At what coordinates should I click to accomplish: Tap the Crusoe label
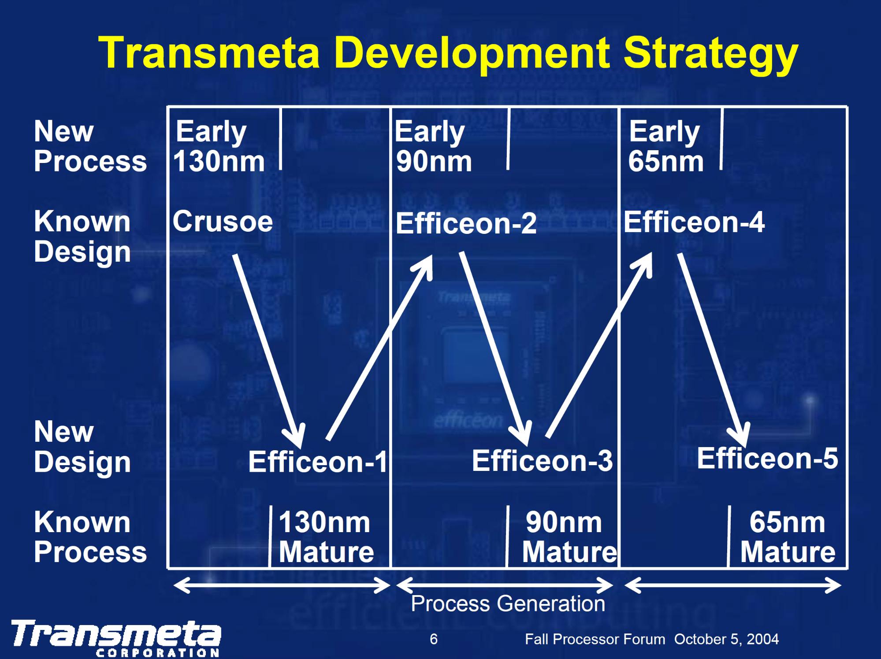coord(223,221)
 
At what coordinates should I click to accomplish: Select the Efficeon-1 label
coord(317,462)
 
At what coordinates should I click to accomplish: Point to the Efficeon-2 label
coord(466,223)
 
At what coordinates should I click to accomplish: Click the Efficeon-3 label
coord(542,461)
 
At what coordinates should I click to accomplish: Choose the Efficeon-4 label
coord(694,222)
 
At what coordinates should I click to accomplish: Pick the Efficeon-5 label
coord(767,458)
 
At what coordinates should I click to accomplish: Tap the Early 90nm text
coord(433,146)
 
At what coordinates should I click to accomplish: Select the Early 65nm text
coord(665,146)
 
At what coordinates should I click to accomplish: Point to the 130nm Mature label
coord(326,537)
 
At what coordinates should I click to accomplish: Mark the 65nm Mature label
coord(788,537)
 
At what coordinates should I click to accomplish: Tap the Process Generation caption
coord(508,603)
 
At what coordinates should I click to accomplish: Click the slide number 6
coord(434,639)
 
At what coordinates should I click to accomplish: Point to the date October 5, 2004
coord(726,639)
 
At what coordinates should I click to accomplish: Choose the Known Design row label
coord(82,236)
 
